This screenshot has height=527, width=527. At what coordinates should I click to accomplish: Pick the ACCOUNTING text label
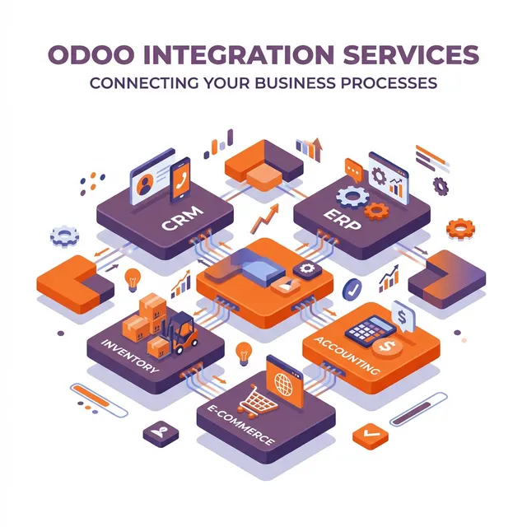pos(346,354)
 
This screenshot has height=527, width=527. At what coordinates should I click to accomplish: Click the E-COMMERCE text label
pos(247,431)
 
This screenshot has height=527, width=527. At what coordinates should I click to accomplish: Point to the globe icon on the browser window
pos(284,385)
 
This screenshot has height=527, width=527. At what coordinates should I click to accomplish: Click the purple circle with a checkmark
pos(352,288)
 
